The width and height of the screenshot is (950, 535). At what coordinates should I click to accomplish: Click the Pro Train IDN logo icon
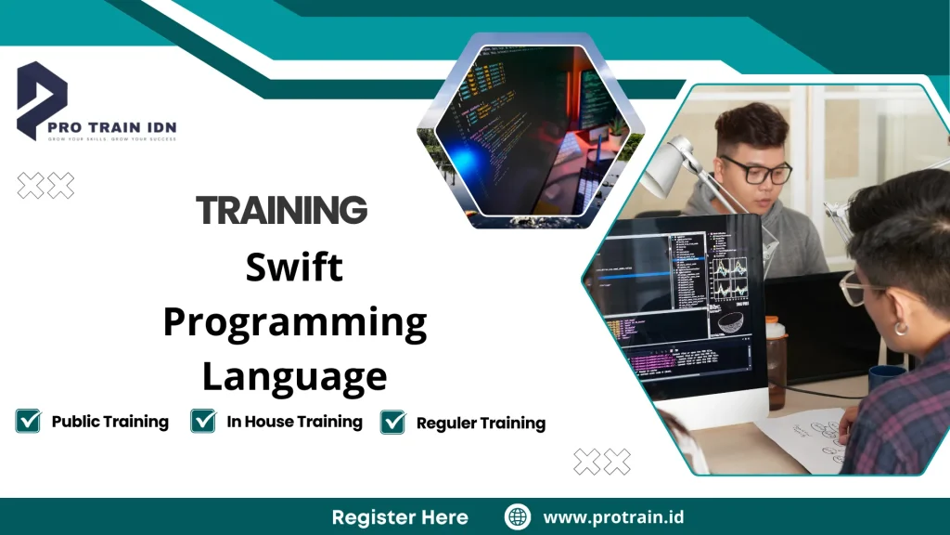[x=43, y=98]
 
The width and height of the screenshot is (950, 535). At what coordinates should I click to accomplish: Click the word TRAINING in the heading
[x=282, y=211]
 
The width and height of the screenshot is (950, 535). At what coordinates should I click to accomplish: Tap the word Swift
[x=294, y=267]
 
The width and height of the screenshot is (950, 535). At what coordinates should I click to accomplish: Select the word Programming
[x=294, y=323]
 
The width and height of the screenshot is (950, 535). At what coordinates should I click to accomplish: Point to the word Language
[x=294, y=377]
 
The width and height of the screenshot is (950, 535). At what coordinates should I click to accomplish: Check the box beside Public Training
[x=29, y=421]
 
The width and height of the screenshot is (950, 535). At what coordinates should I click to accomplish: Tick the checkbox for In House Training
[x=203, y=421]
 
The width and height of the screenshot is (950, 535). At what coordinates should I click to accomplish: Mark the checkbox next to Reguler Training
[x=393, y=422]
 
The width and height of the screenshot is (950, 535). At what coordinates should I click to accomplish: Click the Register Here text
[x=400, y=517]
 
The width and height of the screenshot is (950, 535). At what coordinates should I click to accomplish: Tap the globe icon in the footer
[x=518, y=516]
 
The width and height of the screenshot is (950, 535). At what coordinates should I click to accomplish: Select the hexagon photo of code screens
[x=530, y=130]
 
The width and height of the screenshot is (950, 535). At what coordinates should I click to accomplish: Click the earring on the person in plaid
[x=899, y=328]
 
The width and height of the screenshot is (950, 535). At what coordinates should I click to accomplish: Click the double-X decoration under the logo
[x=45, y=186]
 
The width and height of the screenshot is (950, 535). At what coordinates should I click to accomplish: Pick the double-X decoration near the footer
[x=601, y=461]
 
